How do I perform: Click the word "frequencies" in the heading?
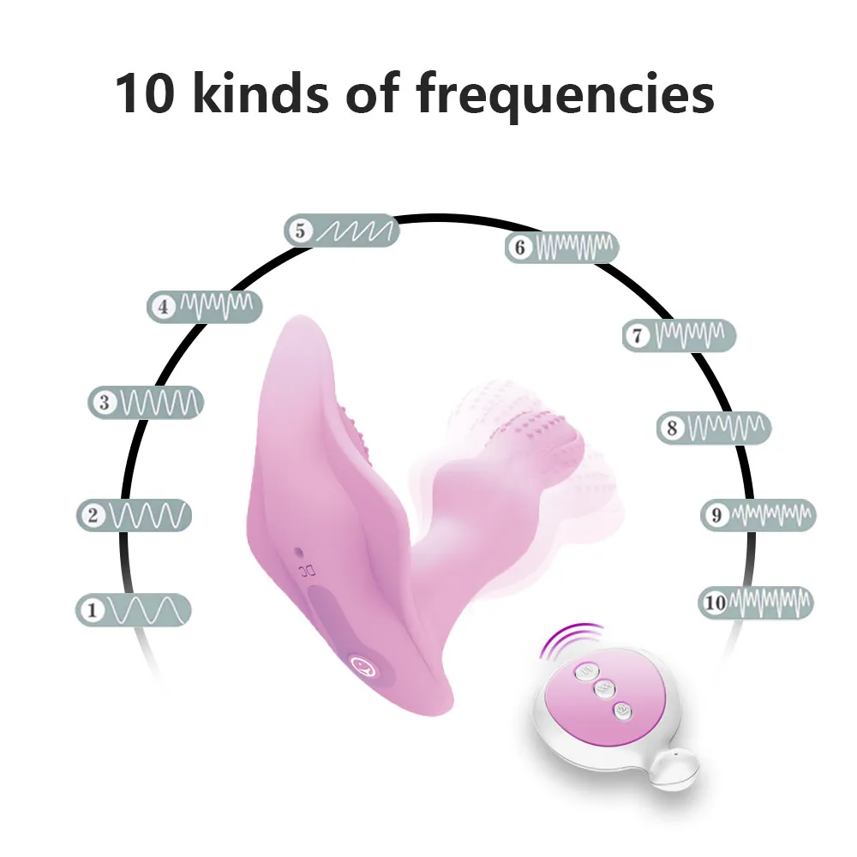pyautogui.click(x=566, y=94)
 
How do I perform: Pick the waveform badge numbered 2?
pyautogui.click(x=134, y=515)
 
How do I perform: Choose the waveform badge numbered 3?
pyautogui.click(x=147, y=402)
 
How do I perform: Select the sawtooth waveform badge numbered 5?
pyautogui.click(x=343, y=231)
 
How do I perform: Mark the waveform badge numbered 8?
pyautogui.click(x=714, y=428)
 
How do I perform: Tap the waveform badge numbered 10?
pyautogui.click(x=755, y=602)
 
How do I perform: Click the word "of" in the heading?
pyautogui.click(x=375, y=94)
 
